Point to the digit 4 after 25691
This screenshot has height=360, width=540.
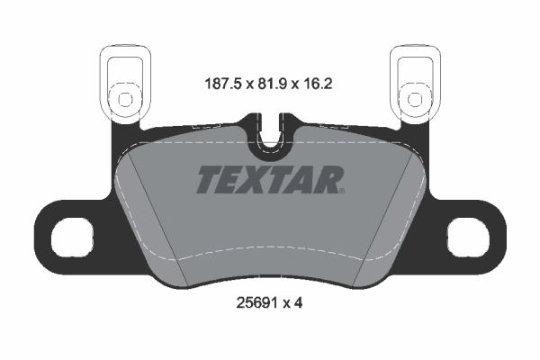[x=298, y=303]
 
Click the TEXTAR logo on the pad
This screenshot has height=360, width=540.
[x=269, y=179]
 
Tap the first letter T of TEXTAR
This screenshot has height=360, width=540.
[x=209, y=179]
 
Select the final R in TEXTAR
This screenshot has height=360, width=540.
[x=328, y=179]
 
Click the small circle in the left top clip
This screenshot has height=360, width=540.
[x=120, y=96]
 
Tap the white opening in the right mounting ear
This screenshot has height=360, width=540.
[x=467, y=239]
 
